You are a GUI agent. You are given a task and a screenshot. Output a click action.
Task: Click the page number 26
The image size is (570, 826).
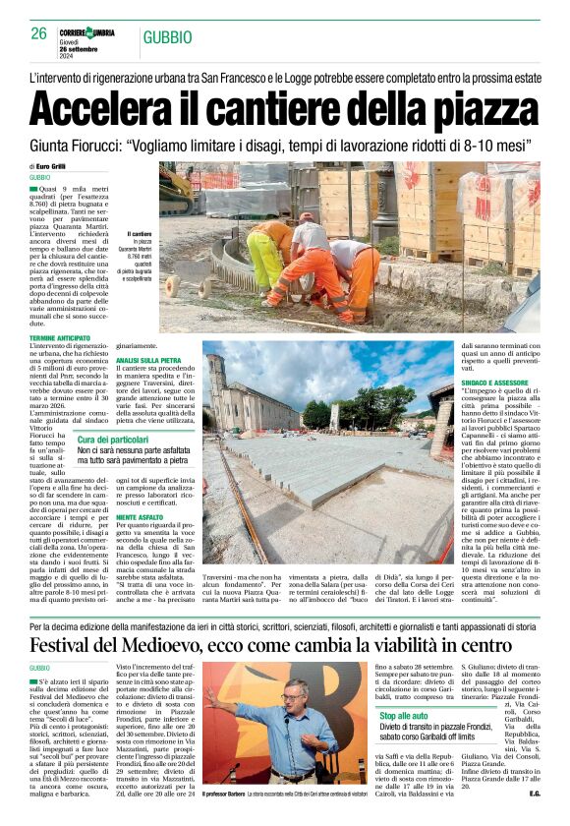pyautogui.click(x=39, y=33)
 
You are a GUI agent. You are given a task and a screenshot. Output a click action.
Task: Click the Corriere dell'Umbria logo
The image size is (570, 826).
pyautogui.click(x=87, y=32)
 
